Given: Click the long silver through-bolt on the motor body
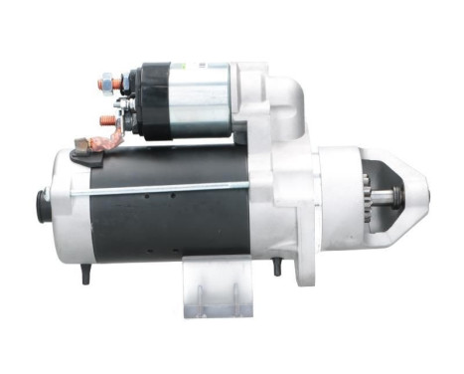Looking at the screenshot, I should [x=159, y=188].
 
